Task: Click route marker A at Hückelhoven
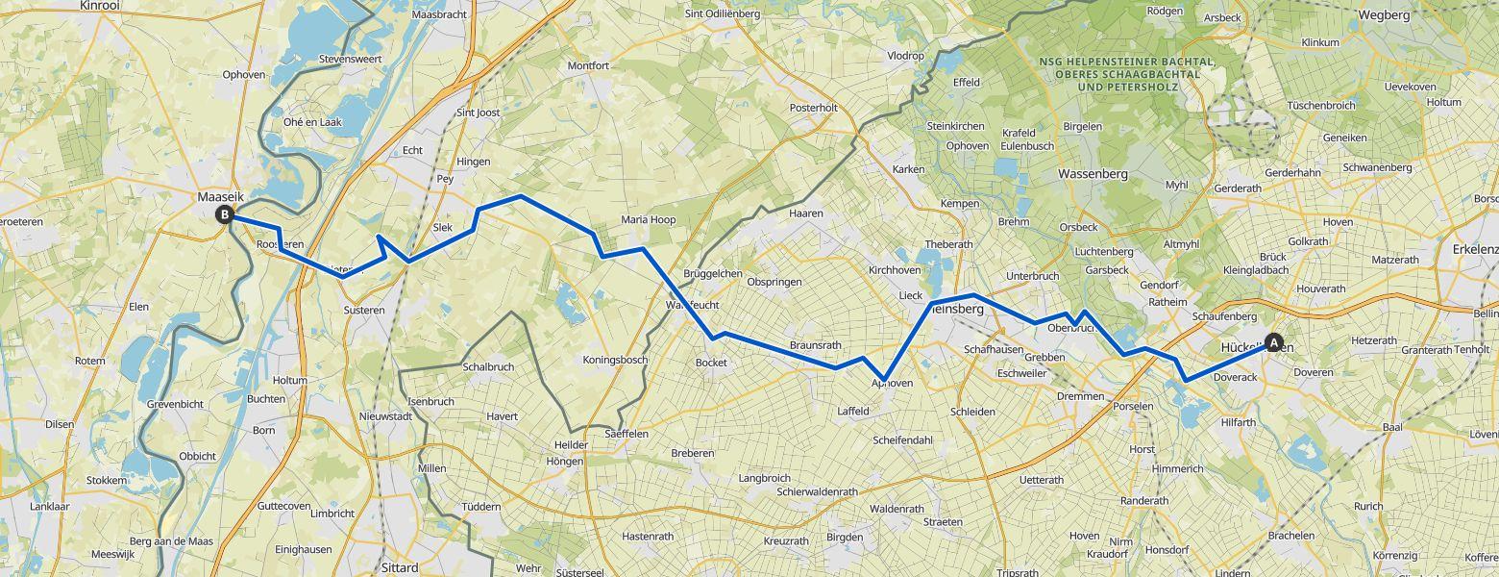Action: coord(1274,341)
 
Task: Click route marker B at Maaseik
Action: coord(224,214)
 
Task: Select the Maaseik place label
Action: coord(221,196)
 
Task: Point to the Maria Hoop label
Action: coord(648,220)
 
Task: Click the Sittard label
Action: coord(399,567)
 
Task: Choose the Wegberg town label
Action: coord(1385,14)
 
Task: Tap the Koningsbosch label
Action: coord(615,360)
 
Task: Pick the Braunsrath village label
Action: coord(815,345)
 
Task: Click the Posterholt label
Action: coord(813,108)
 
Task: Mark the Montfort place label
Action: coord(588,65)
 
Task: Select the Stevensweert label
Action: coord(350,60)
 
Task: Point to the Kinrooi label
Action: coord(100,6)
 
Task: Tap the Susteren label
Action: coord(364,310)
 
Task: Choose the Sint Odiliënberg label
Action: coord(722,13)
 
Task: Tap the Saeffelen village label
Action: coord(627,434)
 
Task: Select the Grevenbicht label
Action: coord(175,405)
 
